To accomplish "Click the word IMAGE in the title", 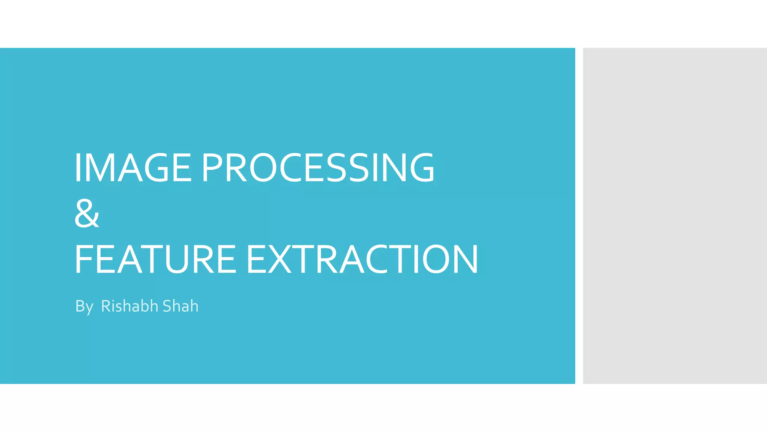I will tap(133, 168).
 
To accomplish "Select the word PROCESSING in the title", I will tap(318, 168).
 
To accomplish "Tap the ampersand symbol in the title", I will tap(87, 213).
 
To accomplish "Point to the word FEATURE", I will tap(155, 259).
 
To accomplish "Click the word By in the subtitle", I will tap(84, 307).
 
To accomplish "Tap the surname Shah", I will tap(180, 306).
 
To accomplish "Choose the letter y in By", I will tap(89, 308).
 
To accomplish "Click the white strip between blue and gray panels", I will tap(579, 216).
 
